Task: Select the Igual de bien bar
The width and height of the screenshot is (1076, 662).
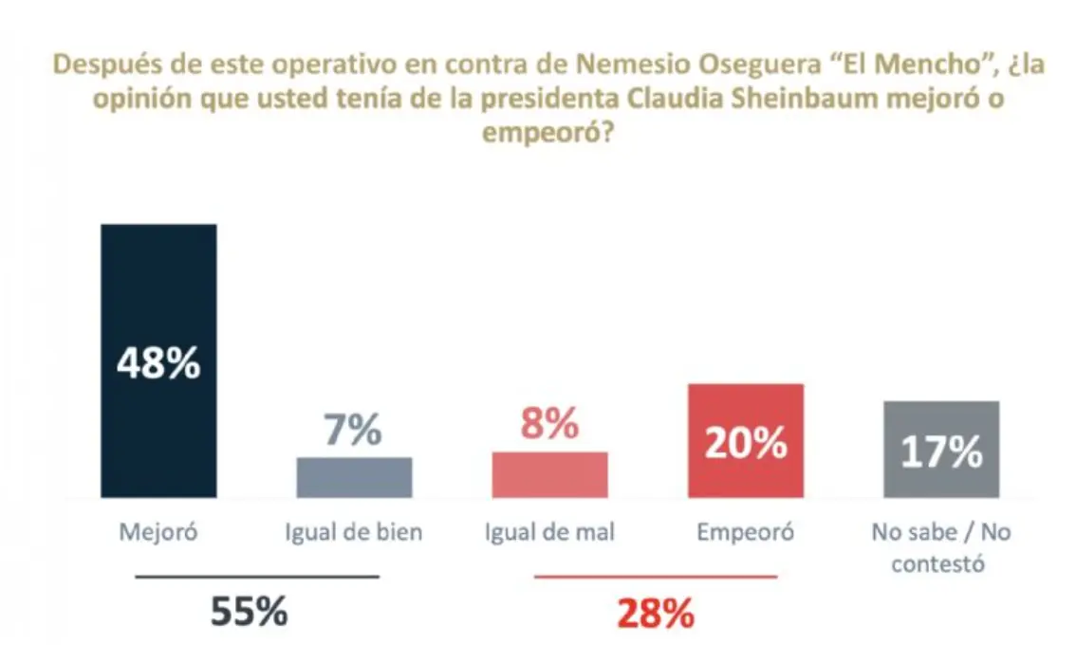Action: [354, 478]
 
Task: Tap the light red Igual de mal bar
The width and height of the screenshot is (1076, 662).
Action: [549, 475]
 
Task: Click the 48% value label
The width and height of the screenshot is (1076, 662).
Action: [158, 363]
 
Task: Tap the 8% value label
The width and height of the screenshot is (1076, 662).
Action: [548, 424]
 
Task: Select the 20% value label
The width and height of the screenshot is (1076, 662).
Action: [746, 443]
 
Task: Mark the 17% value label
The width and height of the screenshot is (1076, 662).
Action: [941, 452]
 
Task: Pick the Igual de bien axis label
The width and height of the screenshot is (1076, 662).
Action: [354, 532]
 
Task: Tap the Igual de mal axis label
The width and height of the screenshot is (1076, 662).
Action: [549, 532]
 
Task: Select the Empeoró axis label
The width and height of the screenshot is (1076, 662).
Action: [746, 532]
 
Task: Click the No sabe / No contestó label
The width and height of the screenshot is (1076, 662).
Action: [941, 547]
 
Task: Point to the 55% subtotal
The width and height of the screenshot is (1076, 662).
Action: [249, 613]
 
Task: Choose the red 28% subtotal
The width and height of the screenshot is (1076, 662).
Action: [655, 615]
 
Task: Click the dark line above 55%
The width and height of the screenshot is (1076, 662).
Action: [257, 577]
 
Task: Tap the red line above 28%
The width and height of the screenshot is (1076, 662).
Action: [656, 577]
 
